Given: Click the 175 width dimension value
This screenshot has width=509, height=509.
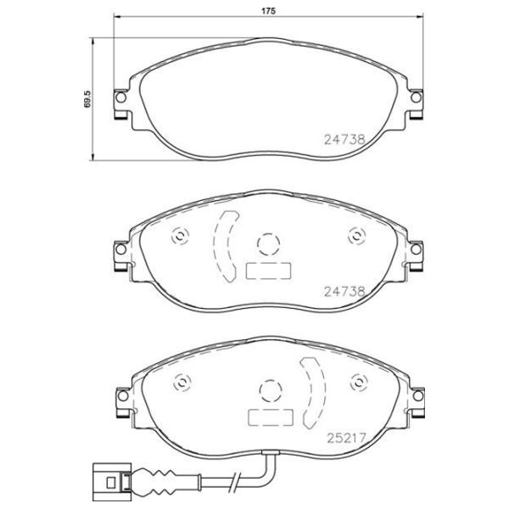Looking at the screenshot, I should click(x=268, y=11).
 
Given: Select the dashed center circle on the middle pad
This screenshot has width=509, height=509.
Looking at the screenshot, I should click(x=268, y=244).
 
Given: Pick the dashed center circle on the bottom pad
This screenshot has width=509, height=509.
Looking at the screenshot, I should click(x=268, y=391).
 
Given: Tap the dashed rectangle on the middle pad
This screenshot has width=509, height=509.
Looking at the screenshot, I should click(x=268, y=271).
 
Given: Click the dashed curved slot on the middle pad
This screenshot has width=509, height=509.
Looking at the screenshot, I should click(x=223, y=244).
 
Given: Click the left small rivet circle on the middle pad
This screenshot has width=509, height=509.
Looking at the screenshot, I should click(x=179, y=237).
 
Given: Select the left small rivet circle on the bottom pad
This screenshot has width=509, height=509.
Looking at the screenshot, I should click(x=179, y=383).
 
